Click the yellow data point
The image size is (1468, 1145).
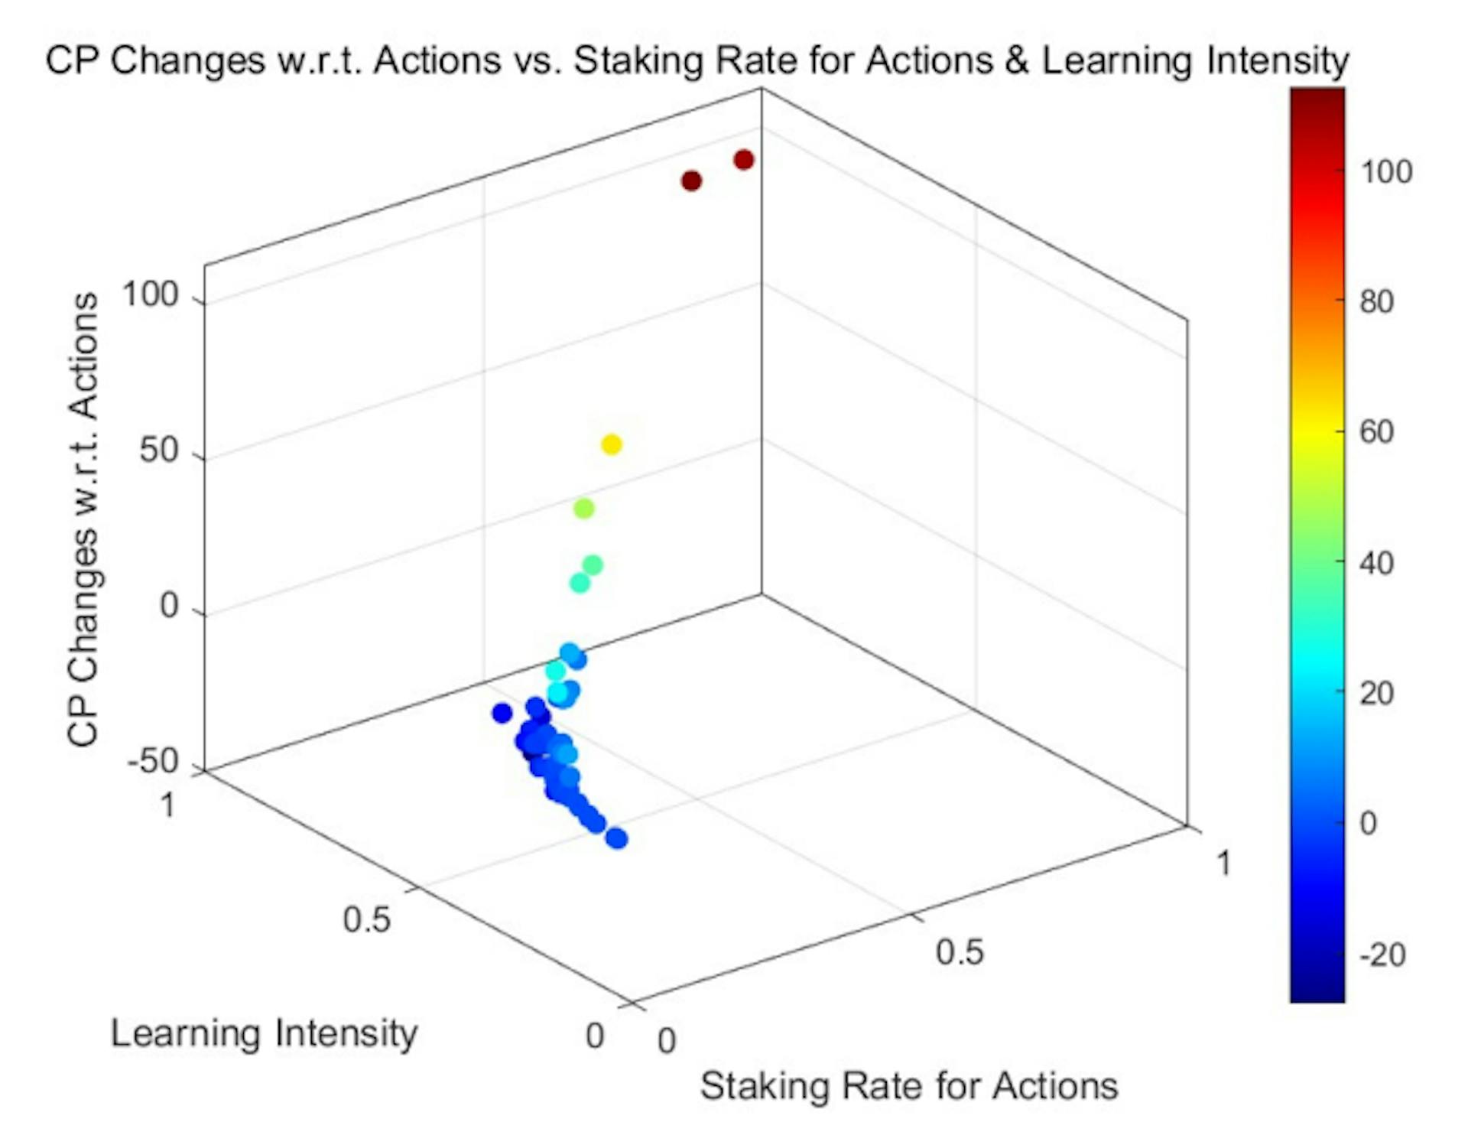[611, 444]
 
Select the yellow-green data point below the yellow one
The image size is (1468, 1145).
[583, 509]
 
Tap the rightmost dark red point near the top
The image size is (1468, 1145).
[743, 160]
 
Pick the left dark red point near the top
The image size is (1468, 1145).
[691, 181]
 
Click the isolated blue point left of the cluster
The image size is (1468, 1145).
[502, 713]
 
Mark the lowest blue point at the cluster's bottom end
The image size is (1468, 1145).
[617, 839]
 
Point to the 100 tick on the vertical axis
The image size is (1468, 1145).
[150, 294]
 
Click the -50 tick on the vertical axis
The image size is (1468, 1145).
[153, 762]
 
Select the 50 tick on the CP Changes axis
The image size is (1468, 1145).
[159, 451]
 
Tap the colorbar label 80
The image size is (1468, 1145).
[1376, 302]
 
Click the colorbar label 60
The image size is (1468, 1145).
[1376, 432]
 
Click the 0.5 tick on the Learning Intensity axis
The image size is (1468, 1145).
[367, 919]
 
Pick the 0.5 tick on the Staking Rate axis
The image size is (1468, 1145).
[960, 952]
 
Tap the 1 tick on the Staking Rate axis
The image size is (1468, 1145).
[1223, 864]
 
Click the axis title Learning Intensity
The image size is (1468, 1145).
[264, 1033]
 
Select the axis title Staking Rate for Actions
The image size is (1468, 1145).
[908, 1086]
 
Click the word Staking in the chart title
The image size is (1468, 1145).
[638, 60]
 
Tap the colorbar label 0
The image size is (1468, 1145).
[1368, 824]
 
